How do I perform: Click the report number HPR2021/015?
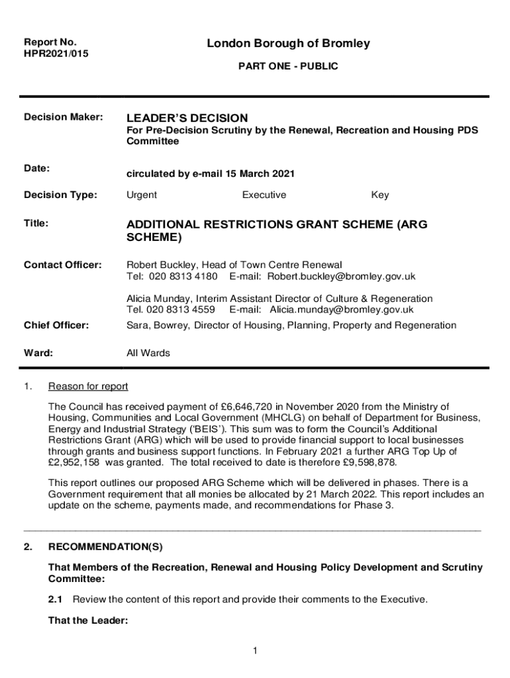point(56,54)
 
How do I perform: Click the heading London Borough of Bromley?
point(288,44)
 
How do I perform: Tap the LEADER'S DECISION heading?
point(187,118)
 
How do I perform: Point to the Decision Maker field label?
point(64,117)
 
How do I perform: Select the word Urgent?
point(142,195)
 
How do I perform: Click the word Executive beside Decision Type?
point(264,195)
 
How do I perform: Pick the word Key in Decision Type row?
point(380,195)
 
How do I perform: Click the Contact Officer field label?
point(63,265)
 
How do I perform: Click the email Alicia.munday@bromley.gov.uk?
point(341,309)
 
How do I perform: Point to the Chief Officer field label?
point(57,325)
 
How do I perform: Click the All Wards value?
point(148,353)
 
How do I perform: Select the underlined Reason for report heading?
point(88,386)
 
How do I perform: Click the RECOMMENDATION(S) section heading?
point(105,548)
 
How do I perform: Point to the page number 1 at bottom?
point(255,652)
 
